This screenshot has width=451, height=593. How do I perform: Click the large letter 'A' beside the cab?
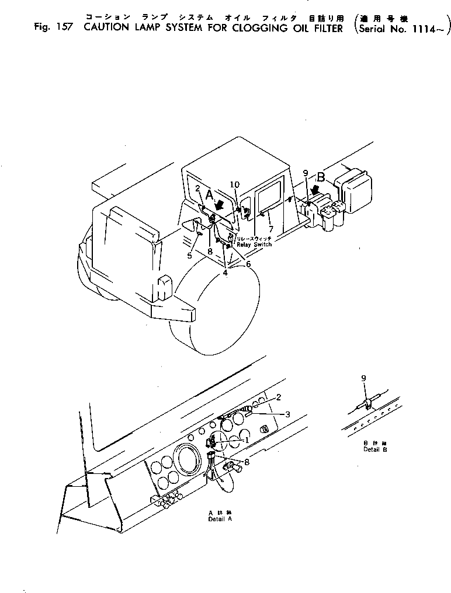pyautogui.click(x=210, y=196)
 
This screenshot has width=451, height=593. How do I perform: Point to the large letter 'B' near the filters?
pyautogui.click(x=321, y=176)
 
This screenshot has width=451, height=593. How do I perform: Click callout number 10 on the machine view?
pyautogui.click(x=235, y=184)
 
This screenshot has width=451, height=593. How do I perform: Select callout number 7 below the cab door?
pyautogui.click(x=270, y=229)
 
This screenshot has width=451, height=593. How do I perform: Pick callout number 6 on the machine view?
pyautogui.click(x=249, y=264)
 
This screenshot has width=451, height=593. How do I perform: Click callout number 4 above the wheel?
pyautogui.click(x=225, y=272)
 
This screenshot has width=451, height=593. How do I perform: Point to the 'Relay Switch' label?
pyautogui.click(x=254, y=245)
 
